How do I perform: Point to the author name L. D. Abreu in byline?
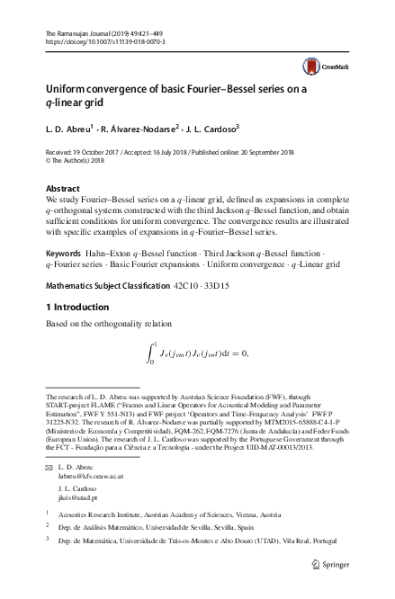(x=68, y=129)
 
